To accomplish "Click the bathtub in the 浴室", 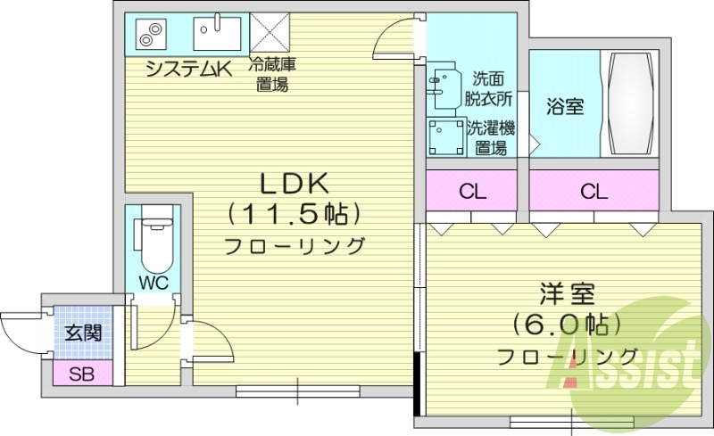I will (x=634, y=104).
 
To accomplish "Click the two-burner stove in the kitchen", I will (x=150, y=35).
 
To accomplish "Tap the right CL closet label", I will (x=594, y=192).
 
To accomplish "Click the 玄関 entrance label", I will (x=82, y=333).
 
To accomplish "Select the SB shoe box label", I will (x=82, y=373).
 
